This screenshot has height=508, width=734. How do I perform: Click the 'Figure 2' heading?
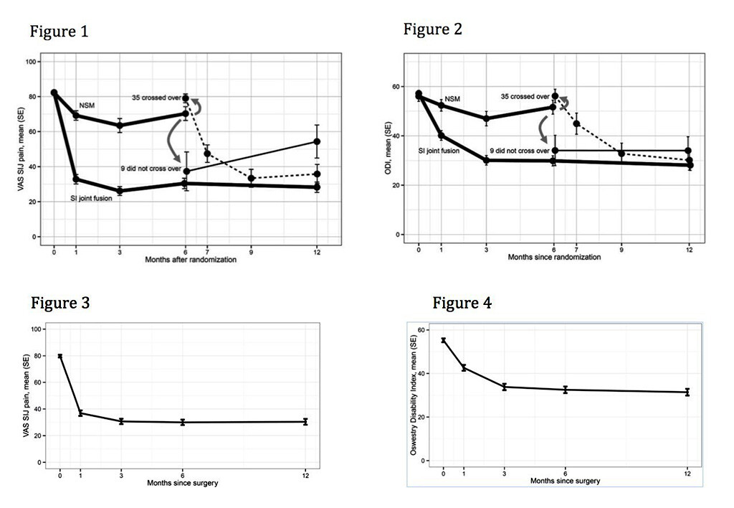(x=432, y=29)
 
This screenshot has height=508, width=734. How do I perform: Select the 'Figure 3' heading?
(x=59, y=302)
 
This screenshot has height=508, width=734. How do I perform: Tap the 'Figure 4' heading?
(x=462, y=303)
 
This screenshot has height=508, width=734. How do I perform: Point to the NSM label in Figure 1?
(x=87, y=105)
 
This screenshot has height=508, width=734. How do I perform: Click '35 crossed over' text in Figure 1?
(x=156, y=98)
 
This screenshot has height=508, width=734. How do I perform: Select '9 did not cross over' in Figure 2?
(x=519, y=151)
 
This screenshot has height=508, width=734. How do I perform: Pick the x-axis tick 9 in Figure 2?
(x=621, y=248)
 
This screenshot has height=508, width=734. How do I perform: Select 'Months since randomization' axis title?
(x=554, y=257)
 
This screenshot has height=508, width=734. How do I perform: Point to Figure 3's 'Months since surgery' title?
(x=183, y=483)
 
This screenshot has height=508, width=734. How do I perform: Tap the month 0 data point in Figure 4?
(x=444, y=341)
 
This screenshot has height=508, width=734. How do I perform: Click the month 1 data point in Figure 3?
(x=80, y=413)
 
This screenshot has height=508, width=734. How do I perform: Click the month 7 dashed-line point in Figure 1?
(x=207, y=154)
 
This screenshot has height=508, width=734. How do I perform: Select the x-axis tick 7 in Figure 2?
(x=576, y=248)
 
